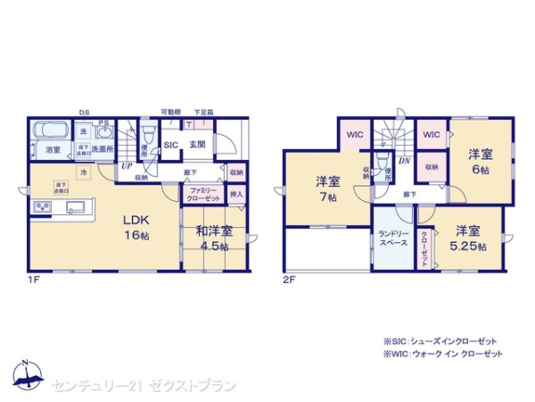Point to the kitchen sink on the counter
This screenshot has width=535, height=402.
73,208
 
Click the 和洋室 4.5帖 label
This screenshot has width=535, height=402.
215,237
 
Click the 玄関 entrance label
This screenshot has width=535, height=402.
197,144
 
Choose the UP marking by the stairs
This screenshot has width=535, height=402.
127,166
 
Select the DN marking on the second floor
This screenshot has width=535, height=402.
404,161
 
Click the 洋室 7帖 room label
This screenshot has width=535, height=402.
327,188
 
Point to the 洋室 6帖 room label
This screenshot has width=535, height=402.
482,161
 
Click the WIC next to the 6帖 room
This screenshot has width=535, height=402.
432,135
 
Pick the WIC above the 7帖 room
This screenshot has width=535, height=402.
354,136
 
